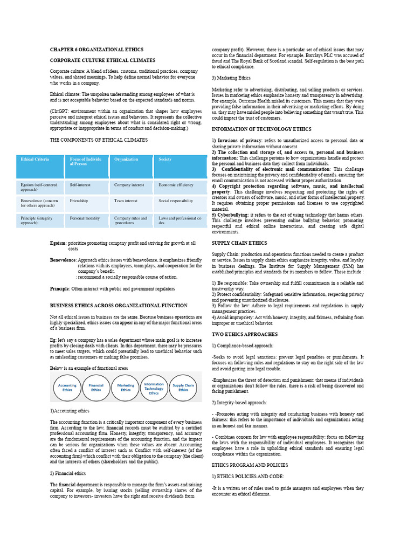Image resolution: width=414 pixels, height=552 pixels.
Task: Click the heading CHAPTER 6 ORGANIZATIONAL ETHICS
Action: (x=97, y=50)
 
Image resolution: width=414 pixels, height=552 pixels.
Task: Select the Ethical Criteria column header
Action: (x=34, y=160)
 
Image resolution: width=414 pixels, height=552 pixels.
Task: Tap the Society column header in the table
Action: (x=165, y=160)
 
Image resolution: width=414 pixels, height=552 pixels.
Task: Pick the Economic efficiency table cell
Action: (x=176, y=184)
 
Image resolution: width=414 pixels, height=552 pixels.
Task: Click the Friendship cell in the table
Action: (x=79, y=201)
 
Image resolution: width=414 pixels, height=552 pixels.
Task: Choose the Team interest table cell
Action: (x=126, y=201)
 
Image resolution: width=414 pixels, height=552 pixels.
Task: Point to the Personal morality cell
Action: (x=85, y=218)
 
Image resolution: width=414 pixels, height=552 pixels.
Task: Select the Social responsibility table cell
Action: (x=176, y=201)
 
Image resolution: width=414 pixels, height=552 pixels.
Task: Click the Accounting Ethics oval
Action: (x=67, y=387)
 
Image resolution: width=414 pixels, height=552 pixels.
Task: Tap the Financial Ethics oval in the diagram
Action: (x=96, y=387)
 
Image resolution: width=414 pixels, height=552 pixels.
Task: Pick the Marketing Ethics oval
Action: (x=126, y=387)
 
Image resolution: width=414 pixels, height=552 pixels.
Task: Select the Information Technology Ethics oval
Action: (x=154, y=387)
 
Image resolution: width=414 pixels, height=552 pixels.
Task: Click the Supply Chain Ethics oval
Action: (x=183, y=387)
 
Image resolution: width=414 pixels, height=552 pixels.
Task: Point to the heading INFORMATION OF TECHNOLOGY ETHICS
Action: (x=261, y=129)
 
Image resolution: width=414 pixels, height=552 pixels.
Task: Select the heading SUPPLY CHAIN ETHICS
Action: (x=239, y=243)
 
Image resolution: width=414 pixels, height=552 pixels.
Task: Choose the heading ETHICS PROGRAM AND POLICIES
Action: (x=250, y=465)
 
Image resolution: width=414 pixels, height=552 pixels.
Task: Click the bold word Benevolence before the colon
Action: (x=63, y=259)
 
